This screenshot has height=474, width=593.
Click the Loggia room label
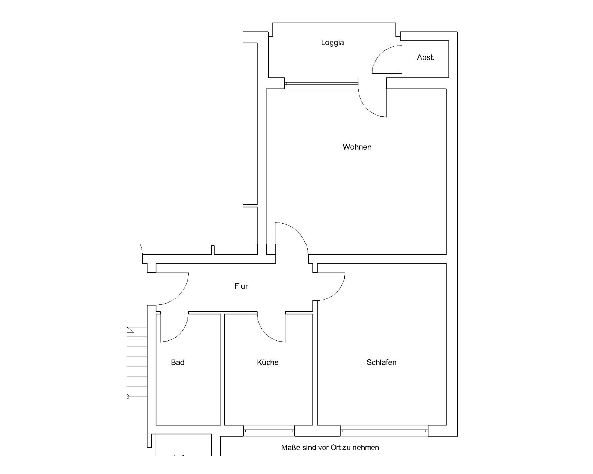click(332, 43)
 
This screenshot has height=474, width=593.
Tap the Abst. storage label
click(425, 57)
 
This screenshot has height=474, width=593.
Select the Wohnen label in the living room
click(357, 147)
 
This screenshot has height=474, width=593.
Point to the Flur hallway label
click(241, 286)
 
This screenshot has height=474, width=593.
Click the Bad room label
click(178, 362)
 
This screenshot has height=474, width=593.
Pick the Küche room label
click(268, 362)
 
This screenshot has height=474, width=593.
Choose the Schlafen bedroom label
click(381, 362)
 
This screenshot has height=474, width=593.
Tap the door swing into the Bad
click(180, 334)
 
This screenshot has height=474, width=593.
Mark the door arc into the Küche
click(265, 334)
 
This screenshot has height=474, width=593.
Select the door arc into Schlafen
click(337, 293)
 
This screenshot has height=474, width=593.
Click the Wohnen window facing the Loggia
click(321, 83)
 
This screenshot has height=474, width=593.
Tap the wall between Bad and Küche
click(223, 369)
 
